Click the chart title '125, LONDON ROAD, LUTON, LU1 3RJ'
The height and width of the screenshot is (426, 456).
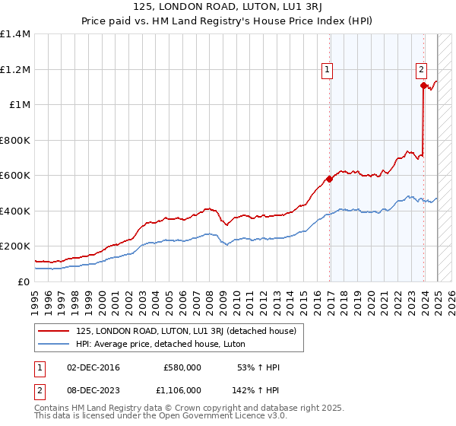coord(228,7)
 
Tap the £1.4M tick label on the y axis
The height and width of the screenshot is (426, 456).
coord(15,34)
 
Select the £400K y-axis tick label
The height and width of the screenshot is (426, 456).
coord(15,211)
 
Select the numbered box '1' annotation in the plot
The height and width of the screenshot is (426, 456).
coord(327,70)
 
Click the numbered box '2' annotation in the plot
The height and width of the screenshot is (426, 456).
coord(421,70)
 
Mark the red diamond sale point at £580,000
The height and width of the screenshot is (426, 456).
coord(329,180)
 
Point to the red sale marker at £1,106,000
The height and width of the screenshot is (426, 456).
coord(423,86)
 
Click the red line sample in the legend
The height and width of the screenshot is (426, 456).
coord(55,331)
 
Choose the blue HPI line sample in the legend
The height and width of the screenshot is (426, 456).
coord(55,343)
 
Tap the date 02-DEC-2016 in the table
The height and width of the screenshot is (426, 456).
coord(93,367)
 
